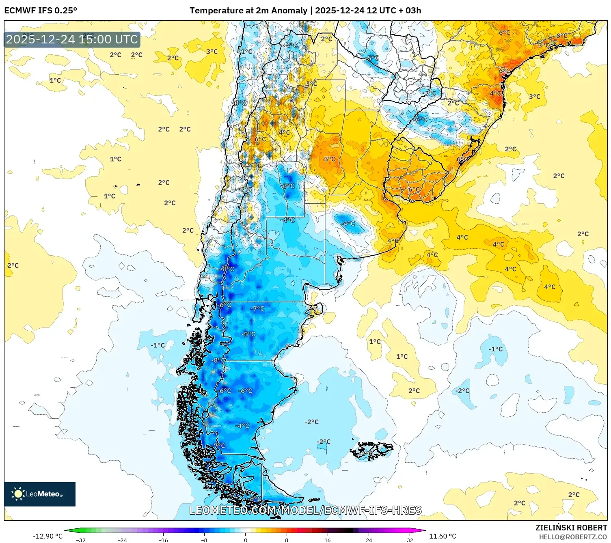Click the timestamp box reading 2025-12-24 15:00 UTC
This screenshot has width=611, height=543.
(x=72, y=39)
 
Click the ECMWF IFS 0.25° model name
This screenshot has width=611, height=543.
(x=41, y=11)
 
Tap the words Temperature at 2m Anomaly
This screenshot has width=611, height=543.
(x=248, y=11)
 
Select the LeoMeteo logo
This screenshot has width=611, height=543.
(x=40, y=494)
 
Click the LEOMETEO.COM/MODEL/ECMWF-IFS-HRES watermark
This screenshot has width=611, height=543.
(x=305, y=510)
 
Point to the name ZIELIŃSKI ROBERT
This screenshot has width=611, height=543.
(x=571, y=528)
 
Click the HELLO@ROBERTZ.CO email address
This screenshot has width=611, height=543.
(x=572, y=537)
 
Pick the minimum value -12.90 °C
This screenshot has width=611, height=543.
(x=47, y=536)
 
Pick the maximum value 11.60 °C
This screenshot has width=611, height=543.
(x=443, y=536)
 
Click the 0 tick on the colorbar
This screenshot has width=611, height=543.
(x=245, y=540)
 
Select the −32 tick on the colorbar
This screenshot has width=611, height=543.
(x=81, y=540)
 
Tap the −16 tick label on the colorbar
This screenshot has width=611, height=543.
(x=163, y=540)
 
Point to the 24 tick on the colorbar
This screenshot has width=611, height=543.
(x=369, y=540)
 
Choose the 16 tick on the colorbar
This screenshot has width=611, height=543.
(x=327, y=540)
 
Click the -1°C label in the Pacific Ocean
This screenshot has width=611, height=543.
(x=158, y=345)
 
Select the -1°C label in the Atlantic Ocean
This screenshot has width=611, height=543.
(x=495, y=349)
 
